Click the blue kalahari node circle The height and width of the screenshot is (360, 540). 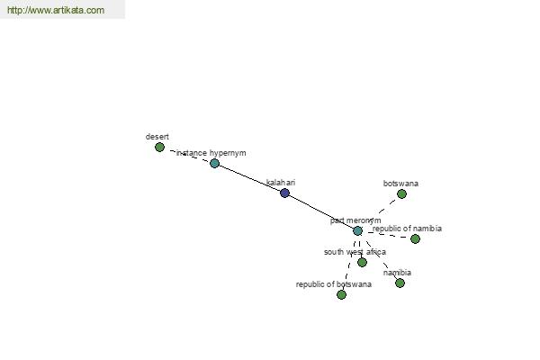coord(284,193)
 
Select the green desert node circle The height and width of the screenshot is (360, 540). coord(159,148)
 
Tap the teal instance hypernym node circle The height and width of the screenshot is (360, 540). coord(214,163)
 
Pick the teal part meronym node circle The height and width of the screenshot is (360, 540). coord(357,230)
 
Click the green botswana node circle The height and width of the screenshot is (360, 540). coord(401,194)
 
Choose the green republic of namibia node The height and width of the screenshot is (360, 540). coord(415,238)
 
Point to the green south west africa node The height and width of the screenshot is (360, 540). coord(362,263)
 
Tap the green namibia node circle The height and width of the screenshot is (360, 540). coord(400,283)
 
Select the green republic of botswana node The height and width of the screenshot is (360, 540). coord(341,295)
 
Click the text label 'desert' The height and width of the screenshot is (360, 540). coord(157,137)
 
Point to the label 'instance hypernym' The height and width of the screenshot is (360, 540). coord(211,153)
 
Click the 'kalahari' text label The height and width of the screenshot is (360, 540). coord(281,183)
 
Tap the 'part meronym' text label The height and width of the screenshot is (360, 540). coord(355,220)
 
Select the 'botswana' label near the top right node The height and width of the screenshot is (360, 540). coord(400,184)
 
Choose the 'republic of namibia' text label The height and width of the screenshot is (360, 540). coord(407,229)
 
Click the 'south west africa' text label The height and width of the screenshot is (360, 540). coord(355,252)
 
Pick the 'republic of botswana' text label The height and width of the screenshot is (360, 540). coord(333,284)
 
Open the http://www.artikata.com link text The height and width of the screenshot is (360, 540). coord(56,10)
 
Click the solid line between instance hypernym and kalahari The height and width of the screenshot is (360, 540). coord(249,178)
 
